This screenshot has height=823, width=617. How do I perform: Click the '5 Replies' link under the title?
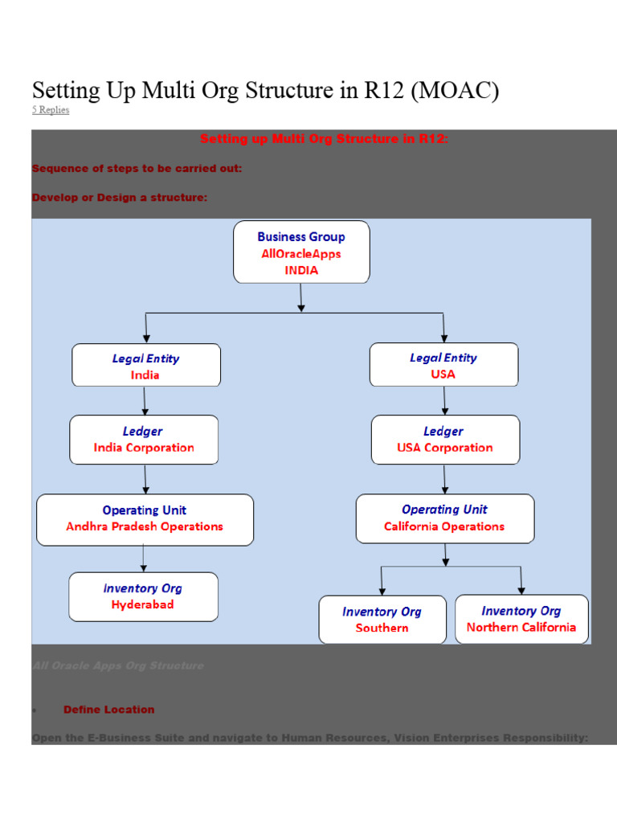pos(51,110)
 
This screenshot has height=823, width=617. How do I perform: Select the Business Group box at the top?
pos(301,252)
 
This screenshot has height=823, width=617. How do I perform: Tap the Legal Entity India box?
pos(145,366)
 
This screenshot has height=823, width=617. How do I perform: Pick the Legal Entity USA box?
pos(443,365)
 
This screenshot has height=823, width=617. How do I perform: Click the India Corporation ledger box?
pos(144,440)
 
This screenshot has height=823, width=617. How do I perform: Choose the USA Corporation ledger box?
pos(445,440)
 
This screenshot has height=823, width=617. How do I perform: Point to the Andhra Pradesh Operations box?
pos(145,519)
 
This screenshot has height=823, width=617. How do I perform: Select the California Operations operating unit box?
pos(444,518)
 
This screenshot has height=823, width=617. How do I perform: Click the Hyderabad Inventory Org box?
pos(143,596)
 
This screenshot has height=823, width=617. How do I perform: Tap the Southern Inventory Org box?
pos(382,620)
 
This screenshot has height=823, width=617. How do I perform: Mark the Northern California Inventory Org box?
pos(521,619)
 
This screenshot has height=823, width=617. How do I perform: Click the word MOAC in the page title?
pos(455,91)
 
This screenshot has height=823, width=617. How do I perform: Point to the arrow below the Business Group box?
pos(301,297)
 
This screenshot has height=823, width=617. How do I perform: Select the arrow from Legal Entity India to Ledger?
pos(145,400)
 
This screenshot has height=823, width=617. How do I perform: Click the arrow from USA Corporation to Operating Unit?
pos(445,479)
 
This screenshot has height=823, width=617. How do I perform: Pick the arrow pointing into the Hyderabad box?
pos(144,559)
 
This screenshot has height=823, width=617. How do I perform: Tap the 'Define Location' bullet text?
pos(108,710)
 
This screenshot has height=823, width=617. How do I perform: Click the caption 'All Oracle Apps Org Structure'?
pos(118,665)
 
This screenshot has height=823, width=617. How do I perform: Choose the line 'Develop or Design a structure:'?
pos(120,197)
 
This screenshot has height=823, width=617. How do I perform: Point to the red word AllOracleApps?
pos(301,254)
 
